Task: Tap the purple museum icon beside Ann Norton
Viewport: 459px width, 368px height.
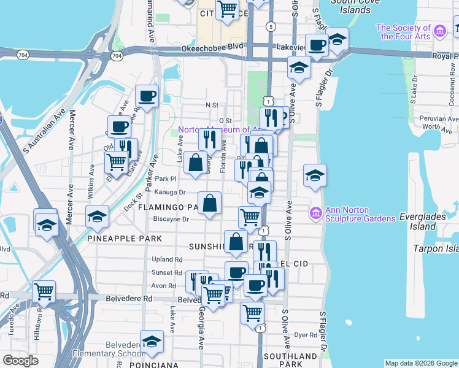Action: [x=317, y=213]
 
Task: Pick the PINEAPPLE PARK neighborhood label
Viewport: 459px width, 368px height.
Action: [x=124, y=238]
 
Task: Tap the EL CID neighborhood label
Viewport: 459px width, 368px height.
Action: [x=293, y=263]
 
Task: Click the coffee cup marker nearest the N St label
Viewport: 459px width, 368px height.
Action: [x=147, y=96]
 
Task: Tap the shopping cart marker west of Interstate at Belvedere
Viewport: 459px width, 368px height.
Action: [x=44, y=292]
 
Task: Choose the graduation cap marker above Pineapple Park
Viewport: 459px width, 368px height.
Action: [x=96, y=216]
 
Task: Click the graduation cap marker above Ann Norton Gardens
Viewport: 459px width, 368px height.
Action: [x=315, y=175]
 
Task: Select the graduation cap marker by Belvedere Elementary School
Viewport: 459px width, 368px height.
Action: [x=152, y=342]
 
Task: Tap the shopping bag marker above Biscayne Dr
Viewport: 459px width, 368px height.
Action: [x=210, y=203]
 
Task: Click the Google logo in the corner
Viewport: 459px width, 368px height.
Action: [x=20, y=361]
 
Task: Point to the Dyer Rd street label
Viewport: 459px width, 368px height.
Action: [x=304, y=335]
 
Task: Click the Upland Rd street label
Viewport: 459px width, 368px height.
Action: [x=167, y=260]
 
